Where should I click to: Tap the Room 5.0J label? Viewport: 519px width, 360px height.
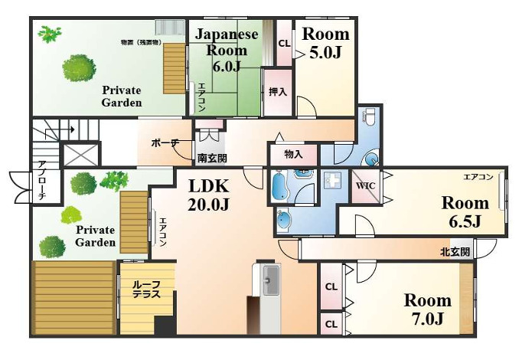tap(325, 43)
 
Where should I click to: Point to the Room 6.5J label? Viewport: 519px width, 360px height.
tap(465, 212)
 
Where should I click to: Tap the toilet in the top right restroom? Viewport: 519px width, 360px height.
tap(370, 118)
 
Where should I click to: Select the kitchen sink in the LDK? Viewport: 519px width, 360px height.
tap(269, 280)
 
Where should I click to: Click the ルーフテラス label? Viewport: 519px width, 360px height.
tap(145, 289)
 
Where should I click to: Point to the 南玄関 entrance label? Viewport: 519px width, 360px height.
tap(211, 159)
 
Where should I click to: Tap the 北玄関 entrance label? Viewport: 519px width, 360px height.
tap(455, 251)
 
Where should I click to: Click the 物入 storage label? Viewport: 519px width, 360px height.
tap(293, 154)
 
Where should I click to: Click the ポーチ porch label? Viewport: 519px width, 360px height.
tap(165, 142)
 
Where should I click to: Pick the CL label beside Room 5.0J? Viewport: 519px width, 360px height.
tap(284, 43)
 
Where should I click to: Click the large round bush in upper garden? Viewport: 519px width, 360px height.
tap(80, 67)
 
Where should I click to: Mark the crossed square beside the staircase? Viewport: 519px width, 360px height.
tap(80, 153)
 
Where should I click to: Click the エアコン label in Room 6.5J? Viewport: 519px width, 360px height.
tap(478, 177)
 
